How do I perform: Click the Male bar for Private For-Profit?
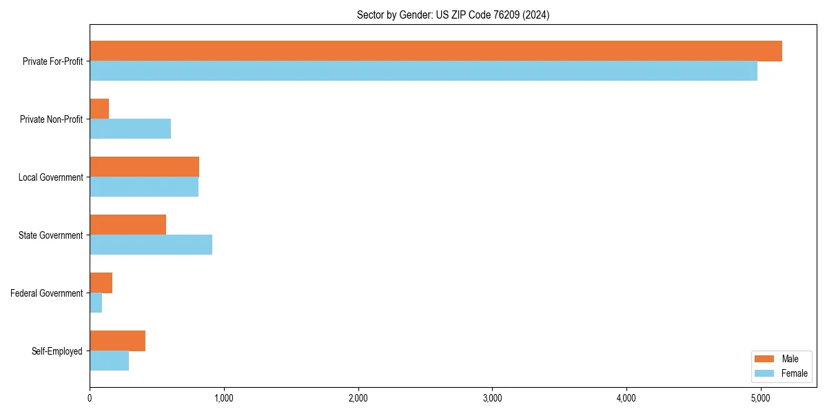click(436, 51)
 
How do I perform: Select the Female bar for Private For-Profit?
click(423, 71)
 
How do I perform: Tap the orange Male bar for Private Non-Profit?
click(99, 109)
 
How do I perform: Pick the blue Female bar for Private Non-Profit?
click(130, 129)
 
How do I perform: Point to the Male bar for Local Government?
click(144, 167)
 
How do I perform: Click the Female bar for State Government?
click(151, 245)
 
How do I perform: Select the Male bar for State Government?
click(127, 225)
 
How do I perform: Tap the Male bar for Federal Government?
click(101, 283)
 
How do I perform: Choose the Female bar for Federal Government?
click(96, 303)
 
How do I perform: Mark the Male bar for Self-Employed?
click(117, 341)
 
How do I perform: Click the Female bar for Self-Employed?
click(109, 361)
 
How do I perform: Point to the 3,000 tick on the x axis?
click(492, 397)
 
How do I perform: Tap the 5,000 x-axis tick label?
click(760, 397)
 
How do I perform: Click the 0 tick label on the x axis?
click(90, 397)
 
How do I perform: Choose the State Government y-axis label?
click(50, 235)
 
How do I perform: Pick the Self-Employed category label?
click(57, 351)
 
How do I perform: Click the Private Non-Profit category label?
click(51, 119)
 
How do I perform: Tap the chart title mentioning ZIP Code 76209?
click(453, 14)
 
